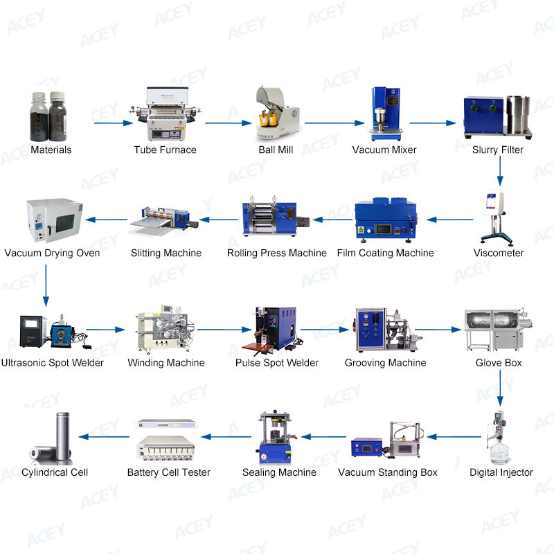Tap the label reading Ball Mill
click(x=276, y=150)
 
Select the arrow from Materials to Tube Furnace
click(x=114, y=123)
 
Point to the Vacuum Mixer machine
click(x=386, y=114)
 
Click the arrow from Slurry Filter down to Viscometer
click(x=500, y=170)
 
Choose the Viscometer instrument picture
click(x=497, y=217)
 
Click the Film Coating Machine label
click(x=386, y=253)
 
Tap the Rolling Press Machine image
click(x=276, y=216)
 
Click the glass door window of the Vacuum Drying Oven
click(x=65, y=223)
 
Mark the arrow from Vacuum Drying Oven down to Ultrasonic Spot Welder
click(x=46, y=285)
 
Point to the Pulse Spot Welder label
click(x=277, y=363)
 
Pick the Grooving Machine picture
click(x=388, y=330)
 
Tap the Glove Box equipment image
click(x=499, y=330)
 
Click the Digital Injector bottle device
click(x=499, y=438)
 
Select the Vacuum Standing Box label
click(x=388, y=472)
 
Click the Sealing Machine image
click(x=276, y=438)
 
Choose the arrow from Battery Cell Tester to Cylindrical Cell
click(x=104, y=437)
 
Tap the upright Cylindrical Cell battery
click(x=63, y=436)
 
